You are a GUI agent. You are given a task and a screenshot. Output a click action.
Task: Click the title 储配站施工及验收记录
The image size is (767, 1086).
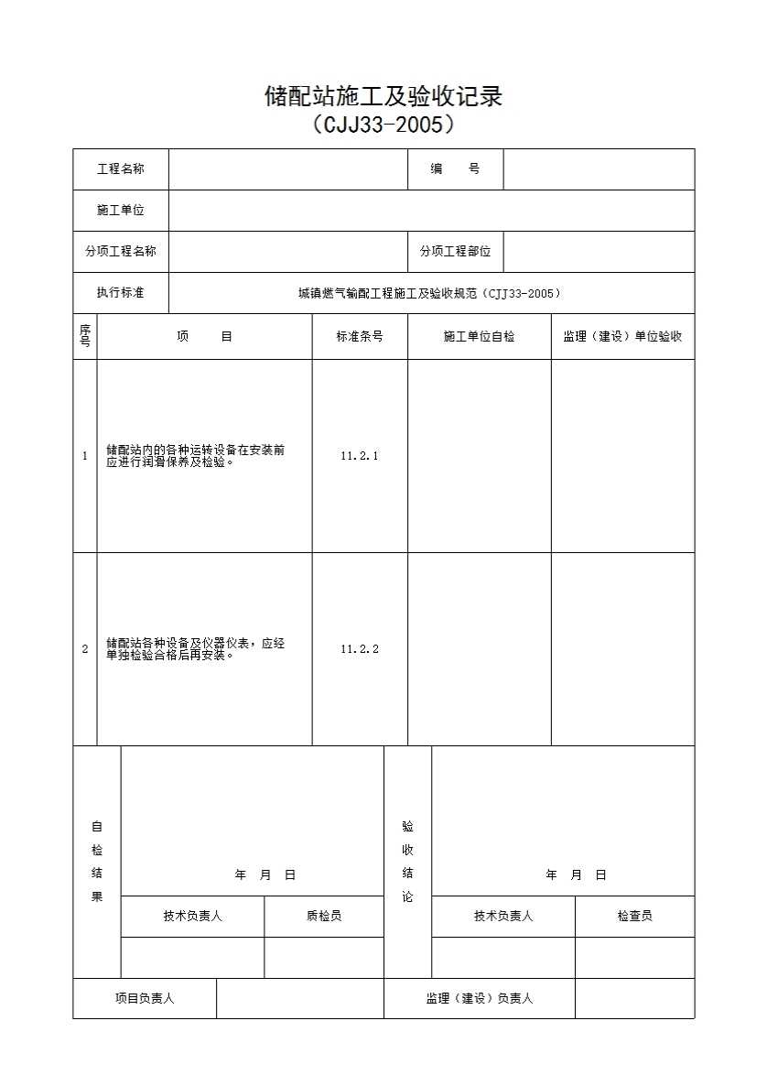point(383,96)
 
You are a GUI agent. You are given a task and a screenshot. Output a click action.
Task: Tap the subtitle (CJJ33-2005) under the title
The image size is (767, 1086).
point(383,124)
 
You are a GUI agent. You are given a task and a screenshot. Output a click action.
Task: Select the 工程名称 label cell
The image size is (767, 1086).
point(121,169)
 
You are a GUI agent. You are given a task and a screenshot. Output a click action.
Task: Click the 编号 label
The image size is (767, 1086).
point(455,169)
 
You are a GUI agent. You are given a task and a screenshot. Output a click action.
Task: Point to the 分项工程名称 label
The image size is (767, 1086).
point(121,252)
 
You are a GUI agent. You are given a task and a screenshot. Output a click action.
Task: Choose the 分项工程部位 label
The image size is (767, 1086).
point(455,252)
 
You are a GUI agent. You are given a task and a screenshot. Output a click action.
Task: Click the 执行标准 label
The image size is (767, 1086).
point(121,293)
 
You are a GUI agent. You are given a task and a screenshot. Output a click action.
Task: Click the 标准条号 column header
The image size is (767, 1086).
point(360,336)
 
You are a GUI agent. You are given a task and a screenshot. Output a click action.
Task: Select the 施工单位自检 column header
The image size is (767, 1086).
point(479,336)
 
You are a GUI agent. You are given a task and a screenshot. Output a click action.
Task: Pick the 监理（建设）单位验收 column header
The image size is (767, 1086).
point(622,336)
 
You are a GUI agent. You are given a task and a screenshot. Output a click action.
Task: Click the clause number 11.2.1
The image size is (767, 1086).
point(360,456)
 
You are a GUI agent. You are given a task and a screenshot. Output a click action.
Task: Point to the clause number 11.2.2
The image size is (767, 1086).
point(360,649)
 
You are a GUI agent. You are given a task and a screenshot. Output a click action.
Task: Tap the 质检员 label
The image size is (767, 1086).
point(324,916)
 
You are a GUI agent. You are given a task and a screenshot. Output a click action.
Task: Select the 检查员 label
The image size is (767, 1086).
point(634,916)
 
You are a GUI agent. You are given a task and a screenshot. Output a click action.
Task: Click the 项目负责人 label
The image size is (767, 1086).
point(145,998)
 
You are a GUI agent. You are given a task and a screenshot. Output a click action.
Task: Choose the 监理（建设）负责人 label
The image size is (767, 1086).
point(479,998)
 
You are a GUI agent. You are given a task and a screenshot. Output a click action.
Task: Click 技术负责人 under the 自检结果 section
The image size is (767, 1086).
point(192,916)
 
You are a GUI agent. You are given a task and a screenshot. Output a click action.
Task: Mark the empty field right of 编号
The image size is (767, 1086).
point(599,169)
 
